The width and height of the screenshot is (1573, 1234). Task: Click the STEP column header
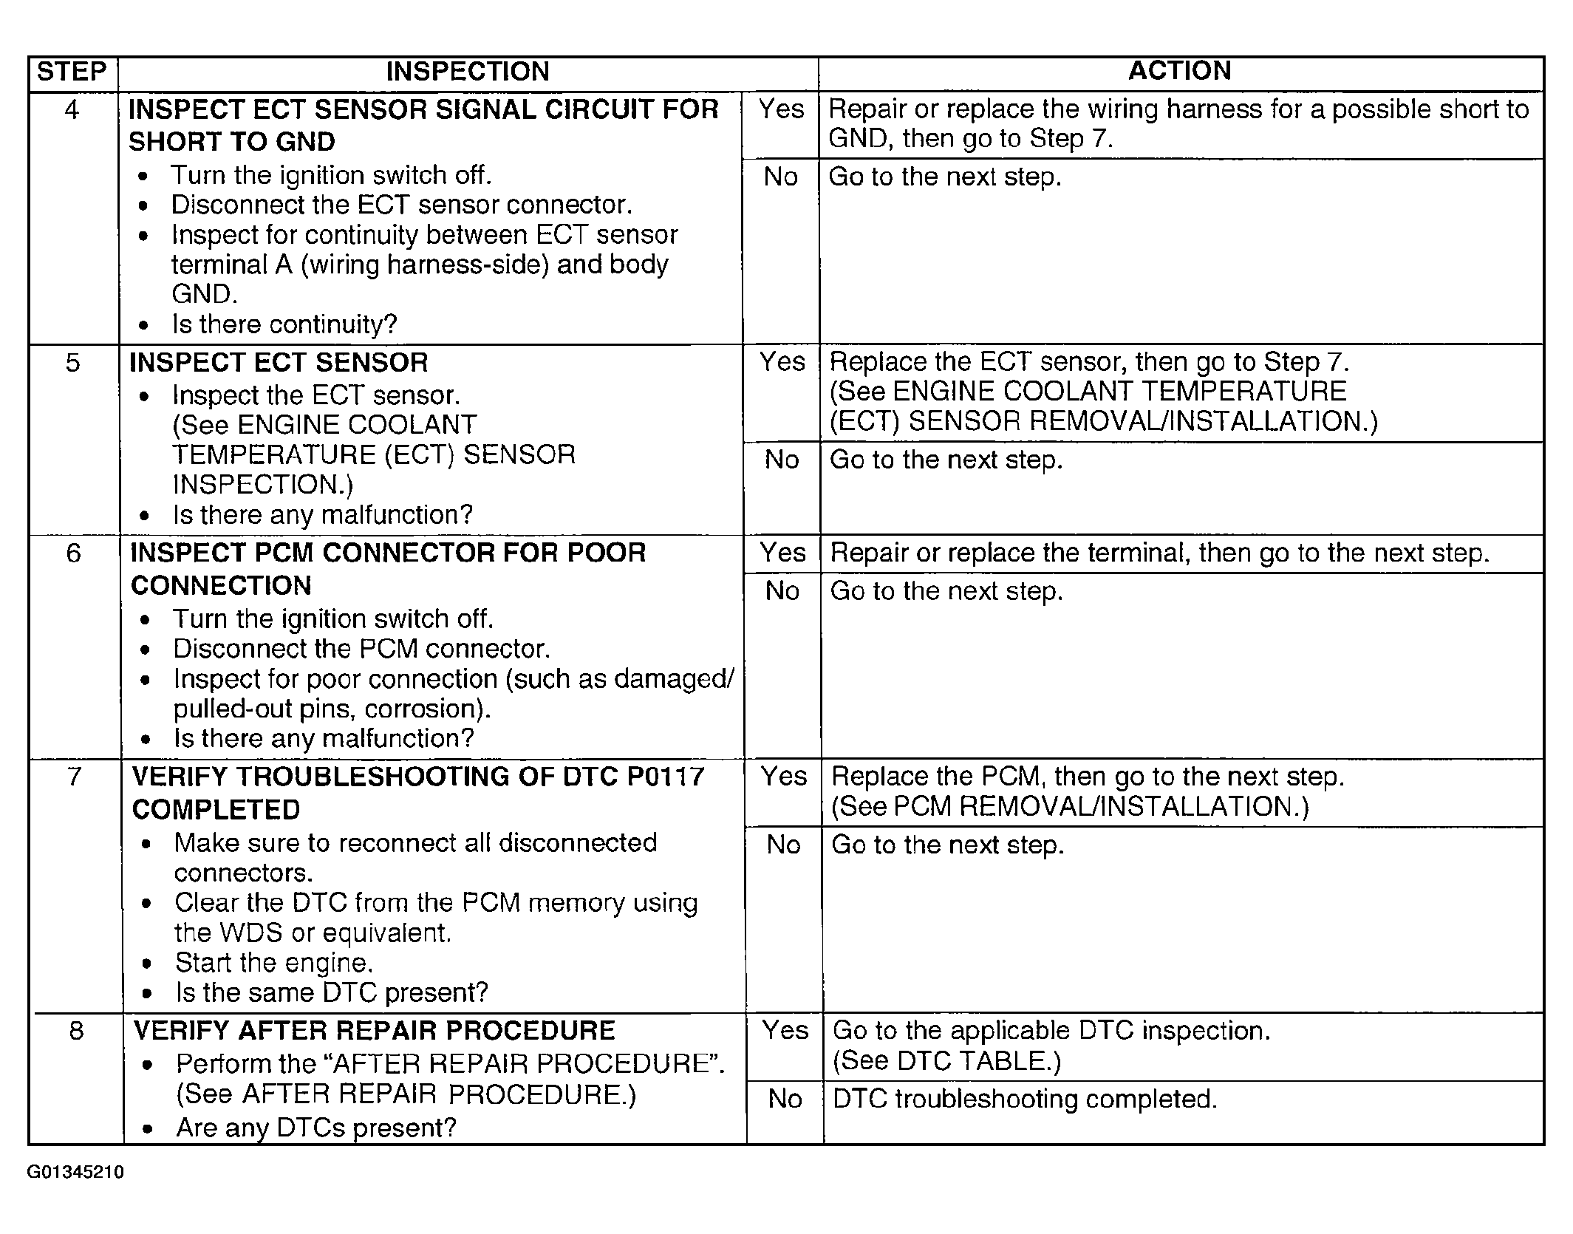[72, 72]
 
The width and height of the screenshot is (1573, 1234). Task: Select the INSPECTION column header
[468, 72]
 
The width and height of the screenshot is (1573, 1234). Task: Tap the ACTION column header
[1179, 71]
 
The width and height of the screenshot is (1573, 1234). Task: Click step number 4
[72, 110]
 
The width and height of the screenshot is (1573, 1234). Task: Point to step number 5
[72, 363]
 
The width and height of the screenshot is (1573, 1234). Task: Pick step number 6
[73, 553]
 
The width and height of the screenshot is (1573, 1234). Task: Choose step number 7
[75, 777]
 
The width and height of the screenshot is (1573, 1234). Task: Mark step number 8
[76, 1031]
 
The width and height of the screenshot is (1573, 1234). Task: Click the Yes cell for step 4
[781, 109]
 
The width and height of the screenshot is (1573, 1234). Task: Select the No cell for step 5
[782, 460]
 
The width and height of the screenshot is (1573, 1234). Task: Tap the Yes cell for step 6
[782, 553]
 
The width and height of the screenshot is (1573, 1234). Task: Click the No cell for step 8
[785, 1099]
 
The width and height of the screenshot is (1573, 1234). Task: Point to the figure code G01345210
[75, 1173]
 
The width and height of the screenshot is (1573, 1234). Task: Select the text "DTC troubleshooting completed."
[1024, 1099]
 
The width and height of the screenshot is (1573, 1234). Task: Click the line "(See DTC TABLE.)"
[946, 1061]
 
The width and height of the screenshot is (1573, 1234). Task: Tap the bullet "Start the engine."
[274, 963]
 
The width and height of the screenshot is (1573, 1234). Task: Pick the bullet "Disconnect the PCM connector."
[361, 649]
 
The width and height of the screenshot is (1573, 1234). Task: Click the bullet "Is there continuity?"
[284, 324]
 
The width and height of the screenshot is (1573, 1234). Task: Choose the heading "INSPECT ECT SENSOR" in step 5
[279, 363]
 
